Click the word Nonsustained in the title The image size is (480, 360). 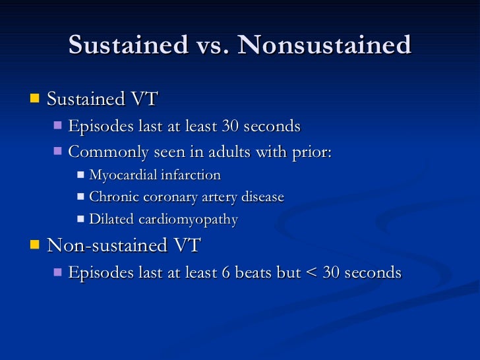tap(324, 45)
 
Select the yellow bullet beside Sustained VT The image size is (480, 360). tap(35, 99)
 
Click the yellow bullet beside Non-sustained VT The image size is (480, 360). tap(35, 245)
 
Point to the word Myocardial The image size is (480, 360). tap(121, 175)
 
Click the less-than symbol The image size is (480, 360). tap(313, 272)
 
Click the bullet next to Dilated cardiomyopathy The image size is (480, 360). tap(81, 218)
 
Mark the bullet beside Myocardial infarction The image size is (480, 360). tap(81, 175)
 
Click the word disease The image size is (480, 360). tap(262, 197)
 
